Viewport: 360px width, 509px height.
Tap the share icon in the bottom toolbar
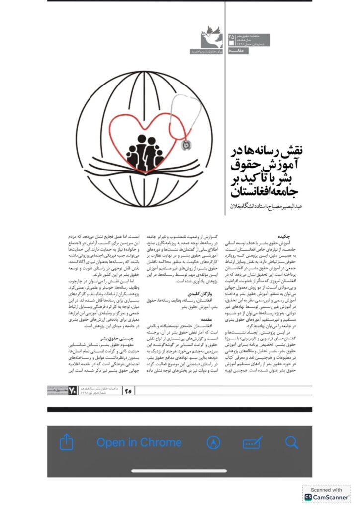(x=67, y=442)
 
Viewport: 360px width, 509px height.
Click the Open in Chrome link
(x=139, y=442)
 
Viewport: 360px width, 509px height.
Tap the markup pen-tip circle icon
(x=214, y=442)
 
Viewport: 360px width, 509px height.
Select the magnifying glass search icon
(x=291, y=442)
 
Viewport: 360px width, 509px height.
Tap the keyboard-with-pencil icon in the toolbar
(x=253, y=443)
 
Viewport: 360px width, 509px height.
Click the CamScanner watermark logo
(x=326, y=495)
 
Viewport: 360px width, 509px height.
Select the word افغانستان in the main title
(x=253, y=191)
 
